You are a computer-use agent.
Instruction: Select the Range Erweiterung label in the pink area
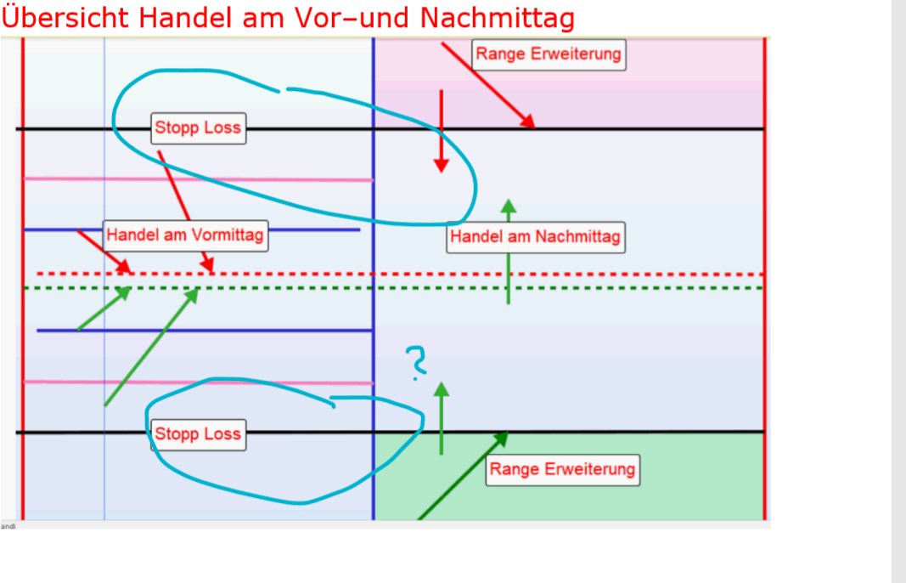549,54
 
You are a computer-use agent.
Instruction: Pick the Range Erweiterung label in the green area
562,469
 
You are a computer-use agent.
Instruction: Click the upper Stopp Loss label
198,128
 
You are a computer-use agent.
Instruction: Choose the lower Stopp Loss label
198,434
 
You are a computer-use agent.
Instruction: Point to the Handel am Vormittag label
185,235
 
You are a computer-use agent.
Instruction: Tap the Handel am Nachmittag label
535,237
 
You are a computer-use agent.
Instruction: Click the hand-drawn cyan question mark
416,361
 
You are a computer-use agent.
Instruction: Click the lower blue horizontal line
255,330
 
